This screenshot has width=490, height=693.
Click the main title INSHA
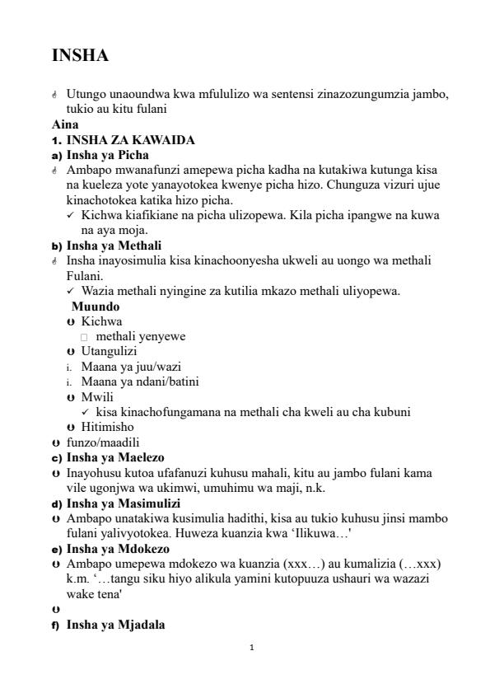point(80,56)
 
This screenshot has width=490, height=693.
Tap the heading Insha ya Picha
point(108,155)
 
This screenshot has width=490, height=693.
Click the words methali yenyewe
point(140,336)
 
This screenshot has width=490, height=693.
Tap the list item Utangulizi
point(109,351)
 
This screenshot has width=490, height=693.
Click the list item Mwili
point(97,396)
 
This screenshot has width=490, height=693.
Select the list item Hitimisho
point(107,427)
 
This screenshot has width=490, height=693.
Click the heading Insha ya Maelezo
point(115,457)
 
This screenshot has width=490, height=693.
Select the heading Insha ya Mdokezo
point(118,549)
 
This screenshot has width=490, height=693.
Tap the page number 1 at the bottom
point(251,648)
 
